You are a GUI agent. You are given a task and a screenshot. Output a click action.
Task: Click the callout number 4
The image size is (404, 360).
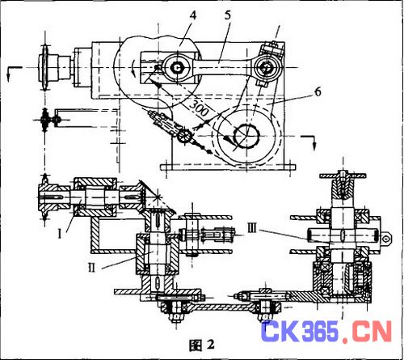[193, 15]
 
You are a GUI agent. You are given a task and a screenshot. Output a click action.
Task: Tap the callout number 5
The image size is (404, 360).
[228, 15]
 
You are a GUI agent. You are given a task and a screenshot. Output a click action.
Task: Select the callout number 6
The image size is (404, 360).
[318, 92]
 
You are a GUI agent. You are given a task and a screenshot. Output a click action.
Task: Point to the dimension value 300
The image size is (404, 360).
[200, 108]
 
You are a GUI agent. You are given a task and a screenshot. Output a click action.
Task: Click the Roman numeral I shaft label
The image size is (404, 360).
[60, 234]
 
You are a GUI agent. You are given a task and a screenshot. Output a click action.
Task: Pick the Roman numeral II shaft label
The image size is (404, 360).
[92, 267]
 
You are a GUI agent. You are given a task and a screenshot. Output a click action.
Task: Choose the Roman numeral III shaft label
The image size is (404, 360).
[252, 229]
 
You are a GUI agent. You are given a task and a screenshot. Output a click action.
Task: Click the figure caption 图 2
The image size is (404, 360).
[202, 345]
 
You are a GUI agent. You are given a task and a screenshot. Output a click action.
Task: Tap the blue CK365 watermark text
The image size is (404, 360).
[299, 331]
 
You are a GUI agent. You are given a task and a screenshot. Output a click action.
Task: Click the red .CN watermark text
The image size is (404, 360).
[368, 332]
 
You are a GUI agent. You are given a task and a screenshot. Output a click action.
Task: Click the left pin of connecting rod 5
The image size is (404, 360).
[177, 68]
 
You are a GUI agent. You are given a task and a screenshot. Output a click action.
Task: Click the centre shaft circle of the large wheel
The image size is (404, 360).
[246, 136]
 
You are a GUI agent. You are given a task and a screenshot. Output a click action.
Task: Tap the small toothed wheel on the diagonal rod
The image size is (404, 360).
[183, 136]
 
